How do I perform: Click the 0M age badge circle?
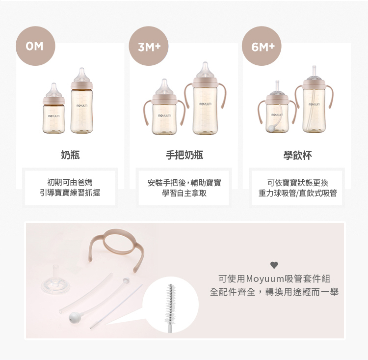point(35,46)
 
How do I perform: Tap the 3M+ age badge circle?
point(149,46)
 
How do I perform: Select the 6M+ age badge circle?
point(262,46)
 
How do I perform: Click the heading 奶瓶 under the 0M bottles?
point(70,155)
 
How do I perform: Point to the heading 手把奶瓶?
point(184,155)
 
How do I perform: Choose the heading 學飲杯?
point(297,155)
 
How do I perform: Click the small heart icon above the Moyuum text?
point(274,265)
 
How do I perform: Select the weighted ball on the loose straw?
point(73,318)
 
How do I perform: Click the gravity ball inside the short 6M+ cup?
point(271,128)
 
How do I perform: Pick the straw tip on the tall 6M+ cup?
point(314,71)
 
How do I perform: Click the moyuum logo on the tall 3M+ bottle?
point(206,104)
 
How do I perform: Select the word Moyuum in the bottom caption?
point(265,279)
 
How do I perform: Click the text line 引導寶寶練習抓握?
point(70,193)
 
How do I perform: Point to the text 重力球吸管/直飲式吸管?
point(298,193)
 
